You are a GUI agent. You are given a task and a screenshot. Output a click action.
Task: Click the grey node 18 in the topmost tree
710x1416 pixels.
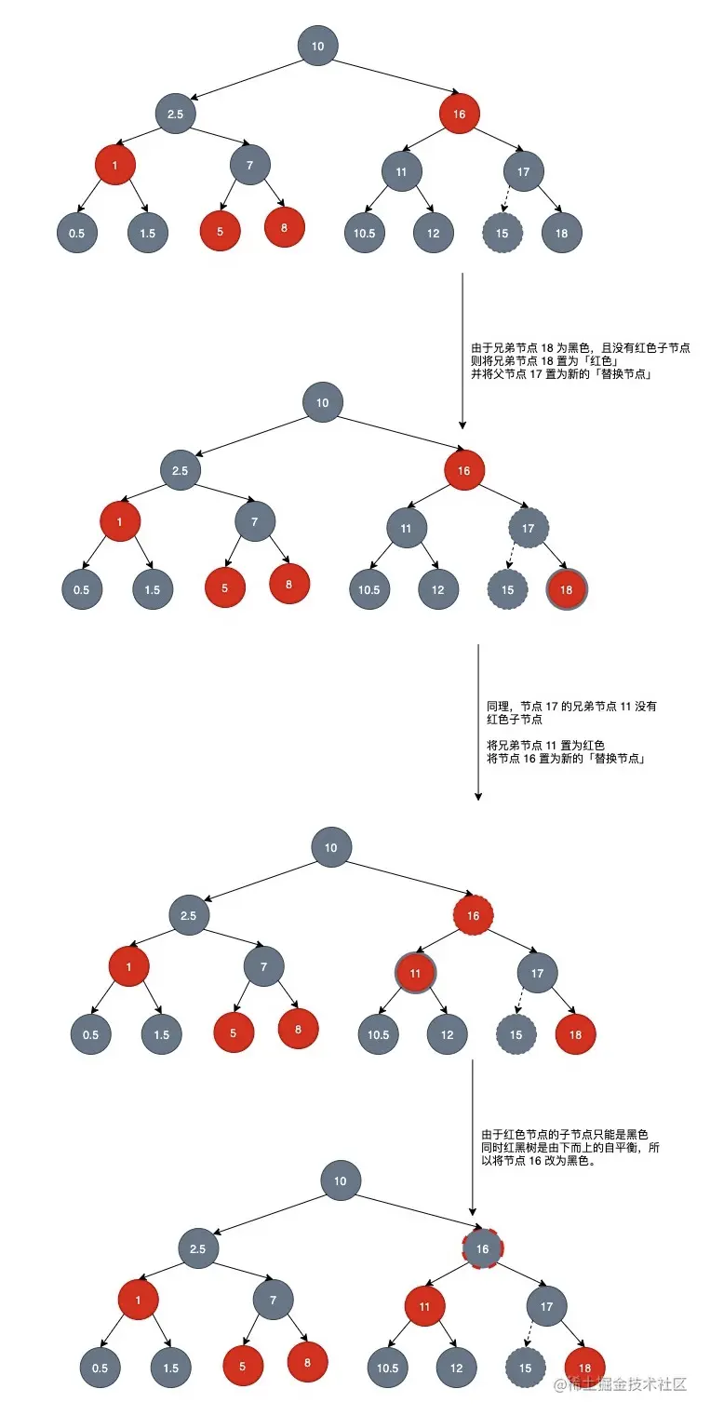[561, 233]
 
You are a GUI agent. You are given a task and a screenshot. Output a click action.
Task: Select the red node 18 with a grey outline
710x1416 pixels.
[566, 589]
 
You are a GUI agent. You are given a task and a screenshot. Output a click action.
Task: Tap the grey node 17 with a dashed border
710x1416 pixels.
[529, 529]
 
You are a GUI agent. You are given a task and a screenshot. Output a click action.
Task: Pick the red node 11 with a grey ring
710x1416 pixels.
[415, 973]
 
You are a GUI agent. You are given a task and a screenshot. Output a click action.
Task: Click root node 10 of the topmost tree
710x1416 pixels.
[318, 46]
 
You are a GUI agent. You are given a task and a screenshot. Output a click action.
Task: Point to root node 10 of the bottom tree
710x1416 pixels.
[341, 1181]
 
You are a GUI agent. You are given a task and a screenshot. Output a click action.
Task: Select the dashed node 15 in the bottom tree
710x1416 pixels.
[525, 1368]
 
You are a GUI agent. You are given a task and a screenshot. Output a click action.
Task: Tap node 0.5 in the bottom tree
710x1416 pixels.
[100, 1368]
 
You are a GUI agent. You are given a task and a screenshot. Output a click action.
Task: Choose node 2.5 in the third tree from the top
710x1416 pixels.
[189, 915]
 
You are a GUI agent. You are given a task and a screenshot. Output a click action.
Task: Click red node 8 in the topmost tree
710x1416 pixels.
[285, 227]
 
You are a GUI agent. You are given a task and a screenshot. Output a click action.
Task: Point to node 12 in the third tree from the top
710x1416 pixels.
[448, 1034]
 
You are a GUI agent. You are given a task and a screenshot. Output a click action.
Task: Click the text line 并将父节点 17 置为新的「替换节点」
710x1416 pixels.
[560, 374]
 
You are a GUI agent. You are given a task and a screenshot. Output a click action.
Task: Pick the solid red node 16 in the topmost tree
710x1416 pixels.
[460, 114]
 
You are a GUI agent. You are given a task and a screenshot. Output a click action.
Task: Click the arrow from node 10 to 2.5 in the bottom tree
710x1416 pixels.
[270, 1214]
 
